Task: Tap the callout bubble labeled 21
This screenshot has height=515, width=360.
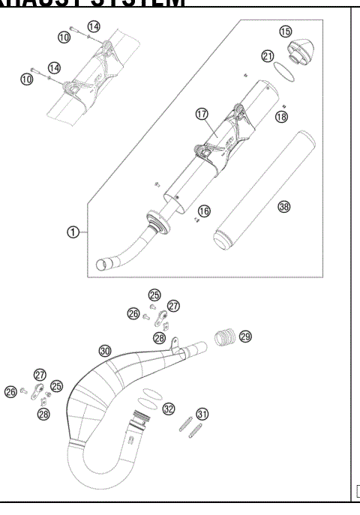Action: point(268,56)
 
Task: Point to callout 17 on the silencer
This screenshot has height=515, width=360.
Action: point(201,114)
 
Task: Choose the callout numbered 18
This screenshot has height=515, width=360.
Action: point(281,117)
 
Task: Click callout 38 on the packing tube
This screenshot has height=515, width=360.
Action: point(284,206)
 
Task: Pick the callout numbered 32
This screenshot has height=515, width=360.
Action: point(169,409)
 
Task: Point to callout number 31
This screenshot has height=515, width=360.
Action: point(202,414)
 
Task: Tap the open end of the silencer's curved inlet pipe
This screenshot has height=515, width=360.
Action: point(105,264)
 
